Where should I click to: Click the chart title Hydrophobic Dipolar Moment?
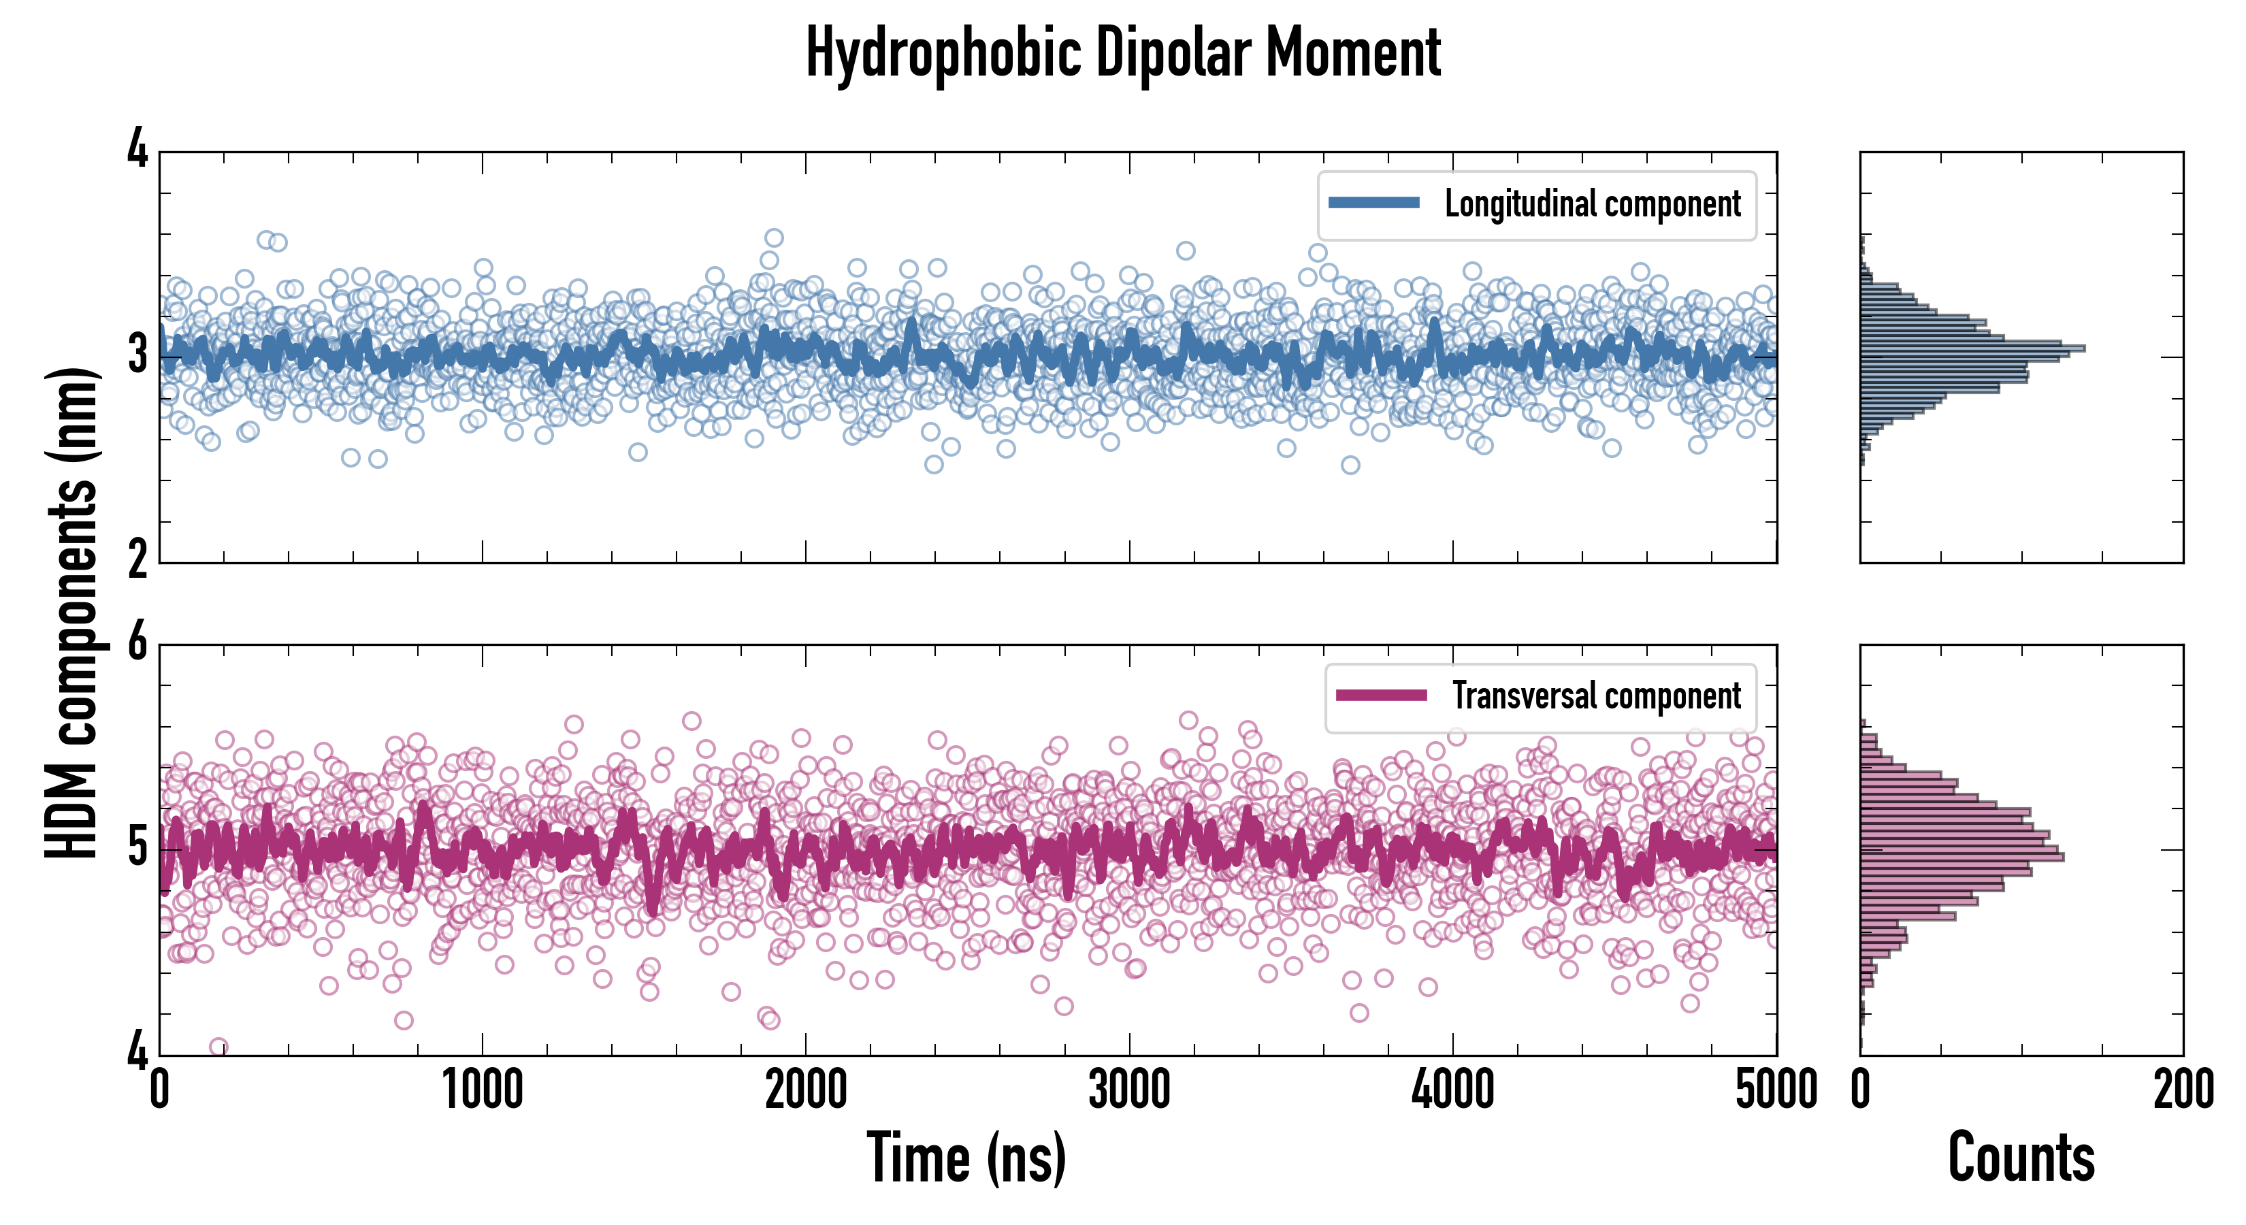pos(1123,54)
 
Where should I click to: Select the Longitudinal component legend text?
pos(1592,204)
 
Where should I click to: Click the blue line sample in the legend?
pos(1373,203)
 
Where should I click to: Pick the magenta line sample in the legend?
pos(1380,695)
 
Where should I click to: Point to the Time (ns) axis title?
pos(966,1157)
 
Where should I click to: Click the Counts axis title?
pos(2021,1157)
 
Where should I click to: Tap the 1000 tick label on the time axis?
pos(482,1090)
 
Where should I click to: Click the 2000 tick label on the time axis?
pos(806,1090)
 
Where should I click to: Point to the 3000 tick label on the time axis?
pos(1129,1090)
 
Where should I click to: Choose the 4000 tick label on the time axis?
pos(1452,1090)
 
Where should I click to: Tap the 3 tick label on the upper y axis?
pos(137,356)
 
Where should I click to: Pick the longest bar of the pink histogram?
pos(1962,857)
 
